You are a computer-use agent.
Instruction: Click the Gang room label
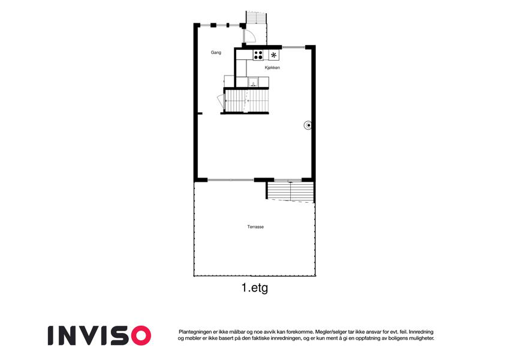click(216, 52)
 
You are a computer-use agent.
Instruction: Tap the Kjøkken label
click(272, 68)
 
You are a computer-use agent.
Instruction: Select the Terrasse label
click(255, 227)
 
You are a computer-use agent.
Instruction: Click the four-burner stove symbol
click(258, 55)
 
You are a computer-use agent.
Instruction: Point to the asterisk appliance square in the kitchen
click(273, 55)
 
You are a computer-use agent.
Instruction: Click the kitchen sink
click(253, 82)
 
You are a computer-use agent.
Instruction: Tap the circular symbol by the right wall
click(308, 125)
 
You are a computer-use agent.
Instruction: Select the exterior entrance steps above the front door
click(256, 17)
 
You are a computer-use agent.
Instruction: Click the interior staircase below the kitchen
click(247, 100)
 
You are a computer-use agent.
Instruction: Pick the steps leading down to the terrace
click(290, 191)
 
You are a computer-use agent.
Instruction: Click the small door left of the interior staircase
click(221, 101)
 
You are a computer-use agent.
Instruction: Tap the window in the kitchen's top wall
click(293, 47)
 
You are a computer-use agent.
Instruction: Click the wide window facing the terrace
click(230, 179)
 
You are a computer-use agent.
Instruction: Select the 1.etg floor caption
click(255, 287)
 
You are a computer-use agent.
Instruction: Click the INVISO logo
click(100, 335)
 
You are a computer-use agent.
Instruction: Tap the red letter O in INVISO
click(140, 335)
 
